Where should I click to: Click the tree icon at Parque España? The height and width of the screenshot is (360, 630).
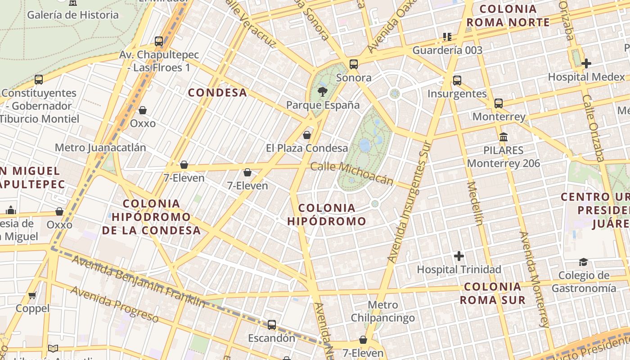322,92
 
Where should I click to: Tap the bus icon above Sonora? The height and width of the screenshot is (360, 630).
354,64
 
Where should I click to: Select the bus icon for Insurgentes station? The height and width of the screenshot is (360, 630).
457,81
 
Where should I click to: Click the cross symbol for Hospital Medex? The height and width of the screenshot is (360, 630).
586,63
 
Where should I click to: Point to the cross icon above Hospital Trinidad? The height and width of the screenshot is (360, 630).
459,256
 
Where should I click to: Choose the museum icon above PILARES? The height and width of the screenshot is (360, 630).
504,137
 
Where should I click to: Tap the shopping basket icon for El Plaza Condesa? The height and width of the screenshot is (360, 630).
307,135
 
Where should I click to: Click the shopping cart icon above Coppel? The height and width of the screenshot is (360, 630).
32,296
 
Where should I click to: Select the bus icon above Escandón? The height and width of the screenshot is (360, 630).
272,325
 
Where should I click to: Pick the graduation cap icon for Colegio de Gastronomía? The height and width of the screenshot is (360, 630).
583,262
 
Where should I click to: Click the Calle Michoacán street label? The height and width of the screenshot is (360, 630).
352,174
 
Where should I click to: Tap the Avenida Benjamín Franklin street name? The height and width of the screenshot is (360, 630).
139,282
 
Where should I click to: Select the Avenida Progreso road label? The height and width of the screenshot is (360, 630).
115,304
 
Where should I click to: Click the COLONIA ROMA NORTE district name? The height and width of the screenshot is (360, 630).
508,16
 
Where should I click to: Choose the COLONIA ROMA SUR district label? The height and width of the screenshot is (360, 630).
495,293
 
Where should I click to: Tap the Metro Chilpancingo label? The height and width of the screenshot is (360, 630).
383,311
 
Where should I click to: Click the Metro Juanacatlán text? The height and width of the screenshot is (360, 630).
100,148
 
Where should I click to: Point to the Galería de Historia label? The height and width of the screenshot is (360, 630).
73,15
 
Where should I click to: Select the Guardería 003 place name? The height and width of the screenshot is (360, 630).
447,50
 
